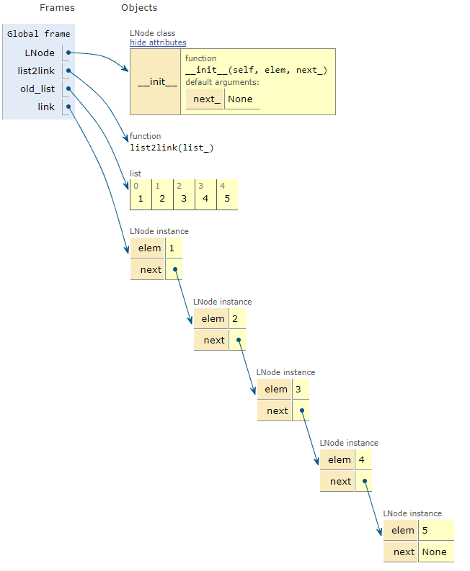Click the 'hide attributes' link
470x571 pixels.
pos(158,42)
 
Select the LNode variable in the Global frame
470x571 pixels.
pos(40,53)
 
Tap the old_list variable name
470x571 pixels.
pos(37,89)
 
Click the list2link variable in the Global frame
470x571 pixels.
pos(36,71)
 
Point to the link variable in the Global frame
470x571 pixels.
pos(46,107)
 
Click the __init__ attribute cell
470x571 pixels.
pos(155,81)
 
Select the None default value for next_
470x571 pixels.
pos(240,99)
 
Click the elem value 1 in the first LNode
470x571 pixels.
pos(172,248)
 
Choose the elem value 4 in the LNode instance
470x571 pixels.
pos(362,460)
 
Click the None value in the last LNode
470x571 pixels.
pos(435,552)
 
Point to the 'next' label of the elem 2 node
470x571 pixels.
pos(214,340)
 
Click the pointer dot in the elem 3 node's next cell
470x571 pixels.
pos(301,411)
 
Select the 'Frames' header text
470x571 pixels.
pos(57,8)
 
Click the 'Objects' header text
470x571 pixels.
pos(139,8)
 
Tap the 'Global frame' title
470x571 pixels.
pos(39,34)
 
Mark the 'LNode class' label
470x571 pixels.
pos(152,33)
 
